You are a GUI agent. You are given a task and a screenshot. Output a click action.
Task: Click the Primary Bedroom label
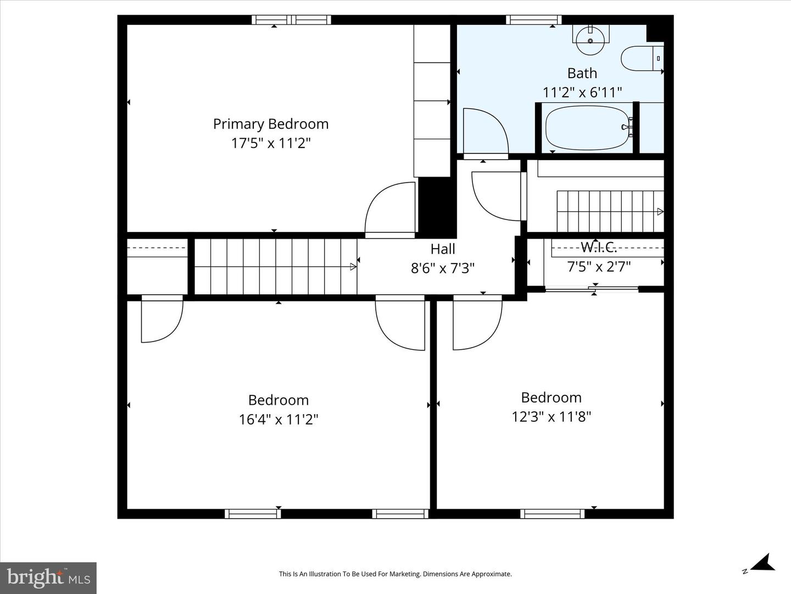coord(271,124)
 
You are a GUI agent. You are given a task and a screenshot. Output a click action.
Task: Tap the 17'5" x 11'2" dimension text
coord(271,143)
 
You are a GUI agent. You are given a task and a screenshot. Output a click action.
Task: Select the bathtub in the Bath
coord(587,128)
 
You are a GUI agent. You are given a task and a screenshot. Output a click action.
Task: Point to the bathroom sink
coord(590,40)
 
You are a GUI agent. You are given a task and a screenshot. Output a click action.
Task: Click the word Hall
coord(443,249)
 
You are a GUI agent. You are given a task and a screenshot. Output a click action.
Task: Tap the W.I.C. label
coord(599,247)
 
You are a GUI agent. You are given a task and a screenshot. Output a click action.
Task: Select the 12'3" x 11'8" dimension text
coord(551,416)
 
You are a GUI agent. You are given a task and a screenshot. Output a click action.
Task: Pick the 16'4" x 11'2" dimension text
coord(278,419)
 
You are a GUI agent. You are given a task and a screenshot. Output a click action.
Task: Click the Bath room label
coord(582,73)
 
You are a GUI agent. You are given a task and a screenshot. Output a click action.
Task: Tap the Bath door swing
coord(485,132)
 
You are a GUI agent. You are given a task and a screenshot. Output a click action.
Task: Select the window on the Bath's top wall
coord(533,20)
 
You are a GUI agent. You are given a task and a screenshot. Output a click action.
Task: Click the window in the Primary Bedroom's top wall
coord(291,20)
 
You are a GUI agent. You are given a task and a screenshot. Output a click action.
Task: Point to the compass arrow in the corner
coord(761,563)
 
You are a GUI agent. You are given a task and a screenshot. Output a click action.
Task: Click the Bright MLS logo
coord(48,577)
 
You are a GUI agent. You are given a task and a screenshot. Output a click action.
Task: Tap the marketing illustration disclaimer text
coord(395,574)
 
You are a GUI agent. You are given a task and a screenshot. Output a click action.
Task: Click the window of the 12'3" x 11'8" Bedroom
coord(553,514)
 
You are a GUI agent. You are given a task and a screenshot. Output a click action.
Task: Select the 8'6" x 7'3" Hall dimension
coord(443,268)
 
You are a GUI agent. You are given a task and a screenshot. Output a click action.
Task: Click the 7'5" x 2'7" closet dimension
coord(599,267)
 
